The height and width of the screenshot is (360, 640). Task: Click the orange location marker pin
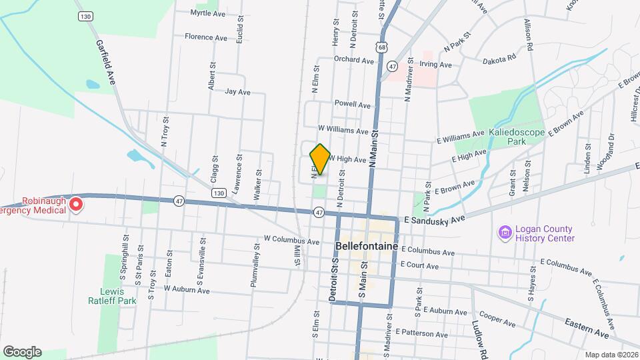click(320, 159)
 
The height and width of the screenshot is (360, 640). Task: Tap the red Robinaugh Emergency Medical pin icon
click(77, 203)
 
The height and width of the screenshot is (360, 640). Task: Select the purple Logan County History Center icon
click(505, 233)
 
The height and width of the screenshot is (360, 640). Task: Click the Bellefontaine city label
click(367, 246)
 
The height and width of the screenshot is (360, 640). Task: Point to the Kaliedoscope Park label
click(517, 137)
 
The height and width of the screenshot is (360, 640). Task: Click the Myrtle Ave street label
click(208, 13)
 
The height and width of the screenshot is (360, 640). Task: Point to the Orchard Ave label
click(354, 60)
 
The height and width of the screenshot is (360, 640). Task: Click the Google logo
click(22, 352)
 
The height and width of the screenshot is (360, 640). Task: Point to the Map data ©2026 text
click(611, 355)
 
